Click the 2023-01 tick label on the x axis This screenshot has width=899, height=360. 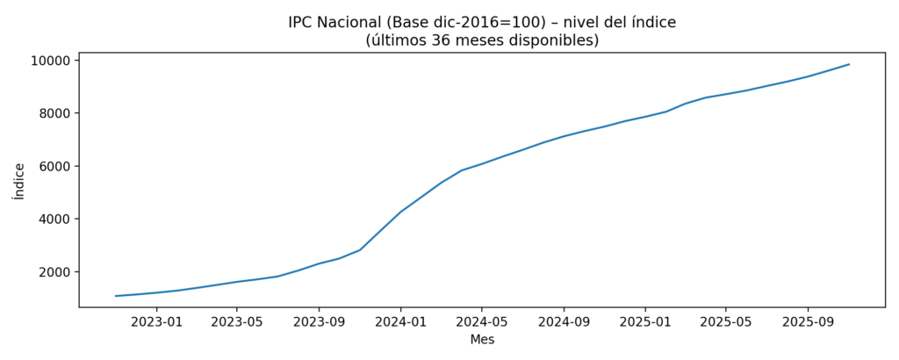pyautogui.click(x=156, y=321)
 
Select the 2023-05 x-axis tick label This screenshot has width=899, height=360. pyautogui.click(x=237, y=321)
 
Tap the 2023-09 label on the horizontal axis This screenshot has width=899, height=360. pyautogui.click(x=319, y=321)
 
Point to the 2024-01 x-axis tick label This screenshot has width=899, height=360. pyautogui.click(x=400, y=321)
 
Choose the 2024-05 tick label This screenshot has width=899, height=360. pyautogui.click(x=482, y=321)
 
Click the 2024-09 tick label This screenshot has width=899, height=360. pyautogui.click(x=564, y=321)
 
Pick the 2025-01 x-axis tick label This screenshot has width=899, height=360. pyautogui.click(x=645, y=321)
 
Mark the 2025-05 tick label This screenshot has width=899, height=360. pyautogui.click(x=726, y=321)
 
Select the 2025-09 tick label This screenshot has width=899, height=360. pyautogui.click(x=808, y=321)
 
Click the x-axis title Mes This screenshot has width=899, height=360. pyautogui.click(x=482, y=339)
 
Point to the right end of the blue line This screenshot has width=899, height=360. pyautogui.click(x=849, y=64)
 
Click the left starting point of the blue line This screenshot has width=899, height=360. pyautogui.click(x=116, y=296)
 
